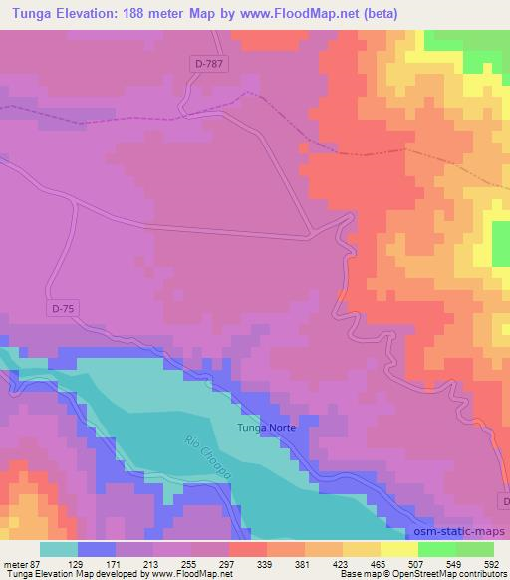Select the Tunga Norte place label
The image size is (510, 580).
pyautogui.click(x=267, y=429)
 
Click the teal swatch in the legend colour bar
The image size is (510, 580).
pyautogui.click(x=59, y=549)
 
